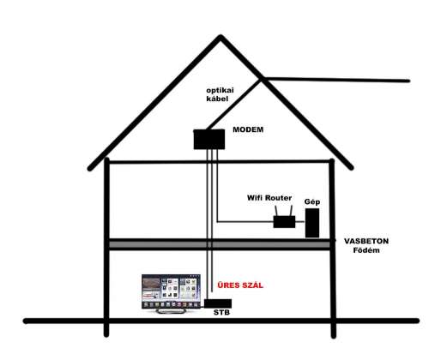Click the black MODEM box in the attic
point(209,140)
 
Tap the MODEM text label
point(248,129)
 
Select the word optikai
point(220,91)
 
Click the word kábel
point(217,99)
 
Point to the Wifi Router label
point(269,198)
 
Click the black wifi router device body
point(284,222)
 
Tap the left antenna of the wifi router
point(276,211)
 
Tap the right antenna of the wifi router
point(291,211)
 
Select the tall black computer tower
point(312,223)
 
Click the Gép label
point(312,202)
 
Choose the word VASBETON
point(366,241)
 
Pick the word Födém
point(366,250)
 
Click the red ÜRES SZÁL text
point(240,285)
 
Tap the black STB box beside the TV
point(218,303)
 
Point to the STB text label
point(221,313)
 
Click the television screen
point(171,291)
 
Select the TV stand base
point(171,311)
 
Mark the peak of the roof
point(221,36)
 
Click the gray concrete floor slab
point(220,244)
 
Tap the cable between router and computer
point(300,221)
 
